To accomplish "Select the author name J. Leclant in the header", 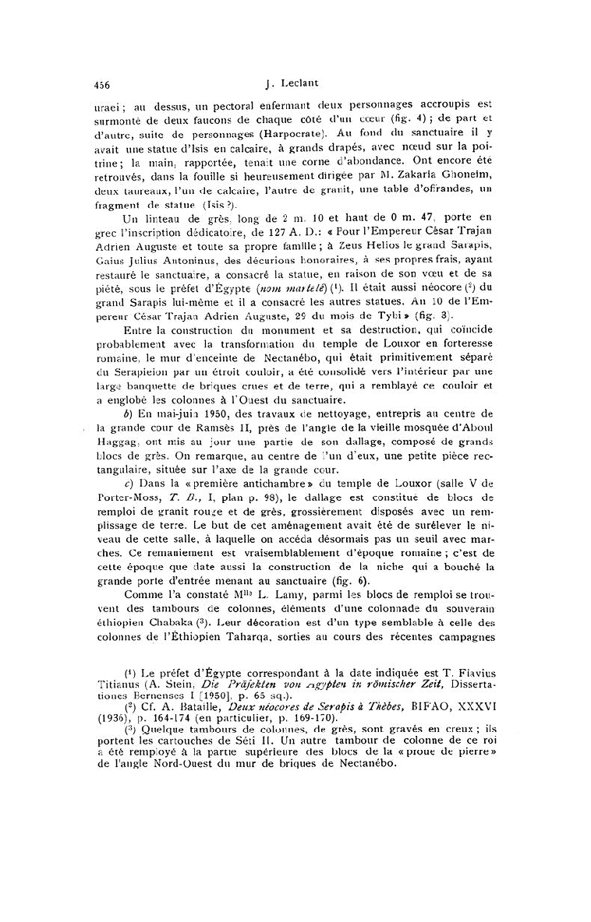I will [x=296, y=86].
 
